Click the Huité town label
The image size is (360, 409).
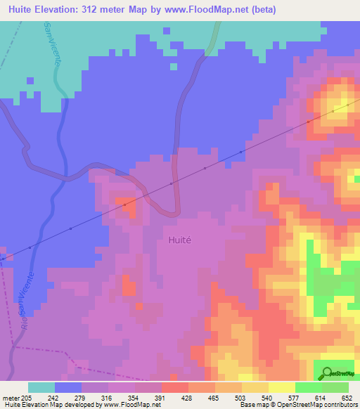(x=181, y=239)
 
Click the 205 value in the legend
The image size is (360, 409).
(x=26, y=398)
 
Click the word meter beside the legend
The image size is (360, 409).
(x=10, y=398)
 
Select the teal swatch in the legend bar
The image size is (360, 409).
(x=41, y=387)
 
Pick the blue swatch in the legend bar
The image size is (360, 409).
(x=68, y=387)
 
